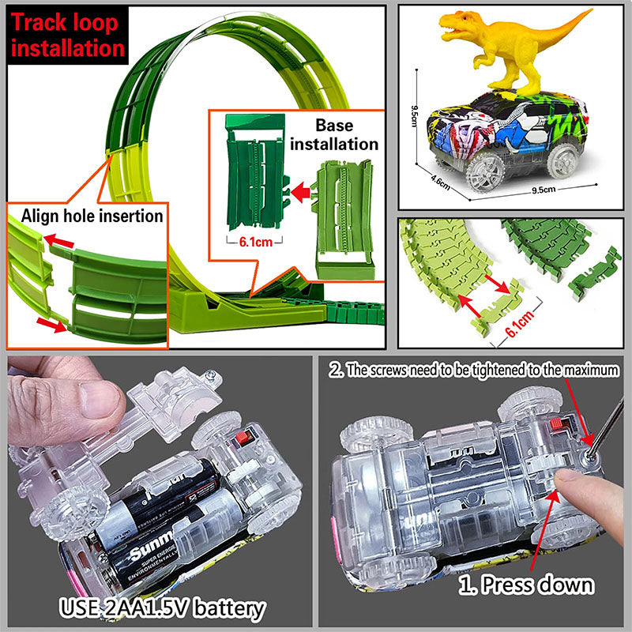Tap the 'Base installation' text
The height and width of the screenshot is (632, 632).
(346, 135)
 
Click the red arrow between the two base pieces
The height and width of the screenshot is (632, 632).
(298, 190)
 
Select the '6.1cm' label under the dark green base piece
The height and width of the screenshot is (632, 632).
(253, 243)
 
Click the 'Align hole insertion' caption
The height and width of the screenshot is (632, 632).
(92, 216)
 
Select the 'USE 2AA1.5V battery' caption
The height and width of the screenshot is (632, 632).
(162, 609)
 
